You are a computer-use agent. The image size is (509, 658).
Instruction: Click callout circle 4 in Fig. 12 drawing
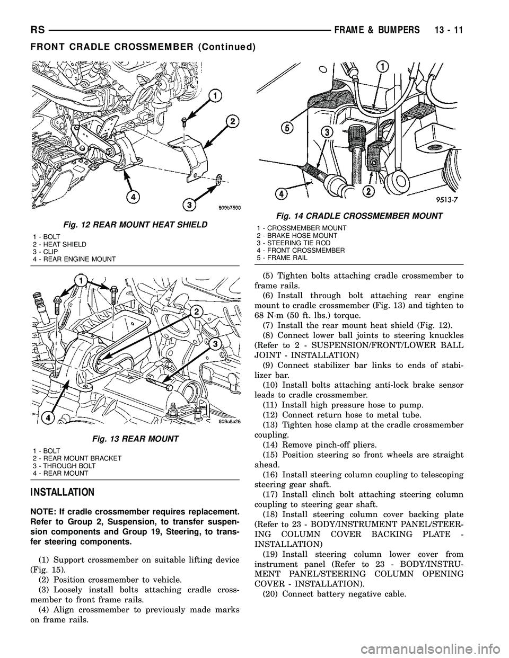click(129, 197)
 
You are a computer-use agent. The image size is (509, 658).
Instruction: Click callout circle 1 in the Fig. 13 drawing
click(81, 279)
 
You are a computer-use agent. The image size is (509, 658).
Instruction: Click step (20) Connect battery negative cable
click(334, 593)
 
